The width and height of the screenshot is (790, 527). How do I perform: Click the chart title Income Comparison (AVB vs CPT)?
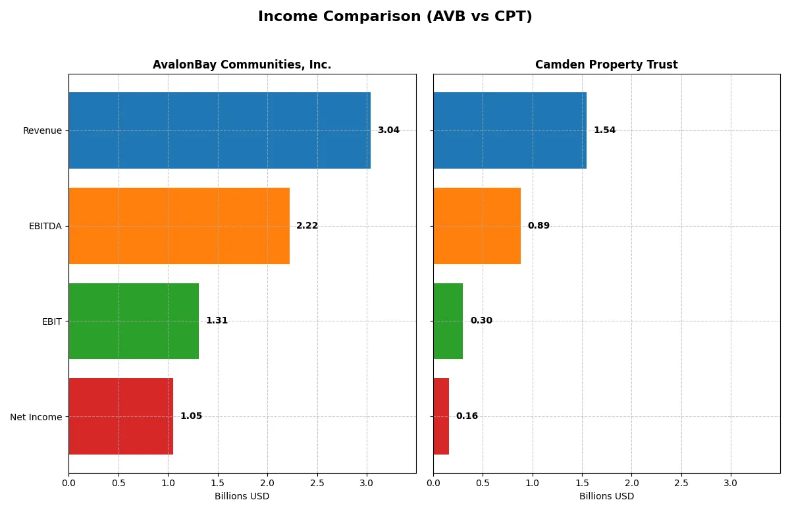[x=395, y=16]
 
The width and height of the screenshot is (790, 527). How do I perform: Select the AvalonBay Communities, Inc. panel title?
[x=242, y=65]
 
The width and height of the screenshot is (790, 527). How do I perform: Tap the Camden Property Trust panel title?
[x=606, y=65]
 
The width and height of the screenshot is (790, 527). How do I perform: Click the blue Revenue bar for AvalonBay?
[x=219, y=130]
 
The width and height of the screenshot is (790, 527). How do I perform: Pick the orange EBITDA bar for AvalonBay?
[x=179, y=226]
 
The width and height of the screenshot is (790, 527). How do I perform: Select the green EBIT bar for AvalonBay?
[x=134, y=321]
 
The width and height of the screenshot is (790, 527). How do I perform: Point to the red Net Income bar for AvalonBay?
[x=120, y=416]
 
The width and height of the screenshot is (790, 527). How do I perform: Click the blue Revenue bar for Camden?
[x=510, y=130]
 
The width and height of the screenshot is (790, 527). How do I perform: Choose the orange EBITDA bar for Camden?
[x=477, y=226]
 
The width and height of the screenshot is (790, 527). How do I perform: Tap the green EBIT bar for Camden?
[x=448, y=321]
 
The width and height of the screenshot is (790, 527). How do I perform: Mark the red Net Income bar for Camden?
[x=441, y=416]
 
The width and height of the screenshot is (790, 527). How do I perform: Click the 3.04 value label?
[x=388, y=130]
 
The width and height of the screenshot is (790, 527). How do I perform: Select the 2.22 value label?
[x=307, y=226]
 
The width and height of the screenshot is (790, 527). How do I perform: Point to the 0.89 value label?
[x=539, y=226]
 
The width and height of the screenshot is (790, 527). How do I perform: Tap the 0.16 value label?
[x=467, y=416]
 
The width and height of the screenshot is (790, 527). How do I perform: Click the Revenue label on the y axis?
[x=42, y=130]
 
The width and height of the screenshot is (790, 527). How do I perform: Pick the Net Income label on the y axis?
[x=36, y=417]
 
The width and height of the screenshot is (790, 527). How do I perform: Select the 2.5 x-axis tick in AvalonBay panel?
[x=317, y=483]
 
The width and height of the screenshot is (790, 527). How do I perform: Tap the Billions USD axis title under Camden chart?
[x=606, y=496]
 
